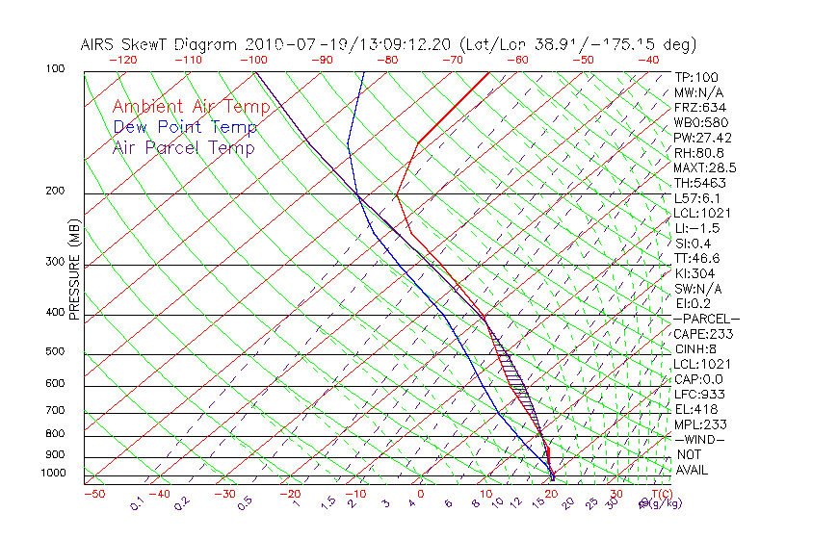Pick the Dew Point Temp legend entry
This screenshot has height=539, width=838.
pos(184,127)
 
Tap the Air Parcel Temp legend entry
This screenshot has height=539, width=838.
pos(183,147)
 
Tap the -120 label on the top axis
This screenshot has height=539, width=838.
pos(122,60)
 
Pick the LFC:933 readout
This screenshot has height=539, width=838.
pos(698,394)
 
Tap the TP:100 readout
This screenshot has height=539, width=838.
pos(696,77)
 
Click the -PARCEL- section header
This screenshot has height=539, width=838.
pos(706,319)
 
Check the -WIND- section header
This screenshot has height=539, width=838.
pos(700,439)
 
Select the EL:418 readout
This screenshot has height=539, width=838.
pos(694,409)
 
